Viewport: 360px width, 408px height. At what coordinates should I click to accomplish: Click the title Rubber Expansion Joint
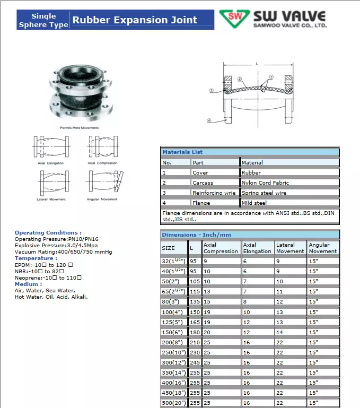(x=135, y=20)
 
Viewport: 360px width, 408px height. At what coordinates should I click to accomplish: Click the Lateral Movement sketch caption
(x=51, y=199)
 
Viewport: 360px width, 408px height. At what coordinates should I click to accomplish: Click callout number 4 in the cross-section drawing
(x=209, y=120)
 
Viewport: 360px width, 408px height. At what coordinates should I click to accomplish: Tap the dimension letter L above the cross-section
(x=257, y=64)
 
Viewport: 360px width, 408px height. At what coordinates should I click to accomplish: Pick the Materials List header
(x=182, y=152)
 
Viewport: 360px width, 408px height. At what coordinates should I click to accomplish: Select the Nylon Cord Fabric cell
(x=265, y=183)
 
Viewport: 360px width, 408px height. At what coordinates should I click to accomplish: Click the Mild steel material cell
(x=254, y=203)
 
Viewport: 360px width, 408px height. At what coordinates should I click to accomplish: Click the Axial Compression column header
(x=221, y=248)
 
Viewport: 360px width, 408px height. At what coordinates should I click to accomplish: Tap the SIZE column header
(x=168, y=248)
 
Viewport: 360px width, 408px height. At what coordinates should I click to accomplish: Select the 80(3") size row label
(x=171, y=301)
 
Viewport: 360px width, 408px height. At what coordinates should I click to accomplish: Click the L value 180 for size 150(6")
(x=195, y=332)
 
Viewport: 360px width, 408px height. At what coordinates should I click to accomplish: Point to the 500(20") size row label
(x=173, y=402)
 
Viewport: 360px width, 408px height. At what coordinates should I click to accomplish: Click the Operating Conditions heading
(x=48, y=232)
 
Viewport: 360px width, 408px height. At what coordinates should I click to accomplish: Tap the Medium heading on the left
(x=28, y=284)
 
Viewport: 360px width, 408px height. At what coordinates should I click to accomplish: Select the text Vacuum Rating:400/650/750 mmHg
(x=63, y=251)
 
